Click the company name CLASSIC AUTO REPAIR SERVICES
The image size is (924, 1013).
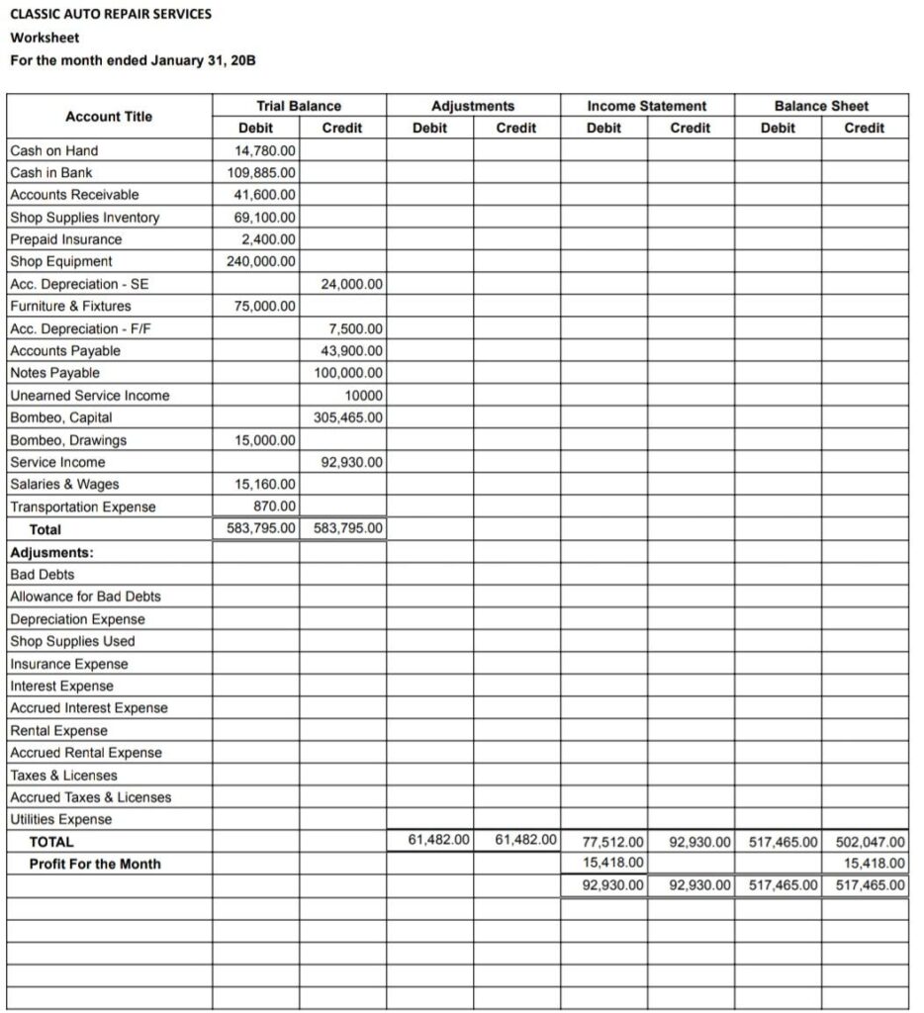click(110, 15)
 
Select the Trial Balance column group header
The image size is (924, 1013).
click(299, 106)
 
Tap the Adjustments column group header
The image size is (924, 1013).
click(473, 106)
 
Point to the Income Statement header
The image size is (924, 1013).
click(647, 106)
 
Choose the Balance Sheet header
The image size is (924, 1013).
click(821, 106)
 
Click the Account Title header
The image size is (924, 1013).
click(109, 117)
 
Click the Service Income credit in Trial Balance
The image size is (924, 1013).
click(352, 462)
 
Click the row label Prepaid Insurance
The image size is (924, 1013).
click(66, 239)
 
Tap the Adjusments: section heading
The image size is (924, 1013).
click(51, 552)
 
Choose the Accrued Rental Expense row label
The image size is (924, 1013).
click(86, 753)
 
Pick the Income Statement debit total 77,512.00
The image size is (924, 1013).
click(613, 843)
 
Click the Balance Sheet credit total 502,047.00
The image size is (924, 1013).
click(870, 843)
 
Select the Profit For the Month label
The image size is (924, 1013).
click(95, 864)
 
